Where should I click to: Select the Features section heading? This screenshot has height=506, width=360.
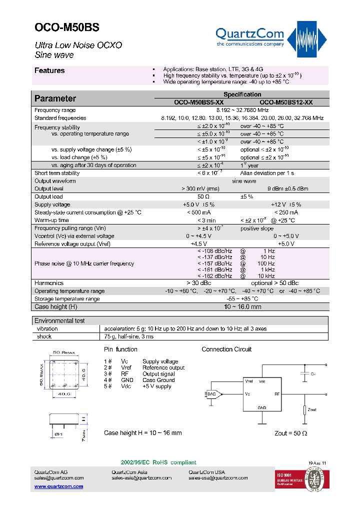(x=49, y=70)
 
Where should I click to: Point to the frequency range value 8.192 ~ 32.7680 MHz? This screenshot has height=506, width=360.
(x=242, y=110)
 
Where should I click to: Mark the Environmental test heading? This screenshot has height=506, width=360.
(x=59, y=320)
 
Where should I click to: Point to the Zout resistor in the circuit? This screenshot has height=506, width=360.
(x=304, y=410)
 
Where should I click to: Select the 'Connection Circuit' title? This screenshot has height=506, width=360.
(x=226, y=349)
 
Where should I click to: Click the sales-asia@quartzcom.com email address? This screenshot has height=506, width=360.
(x=141, y=478)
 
